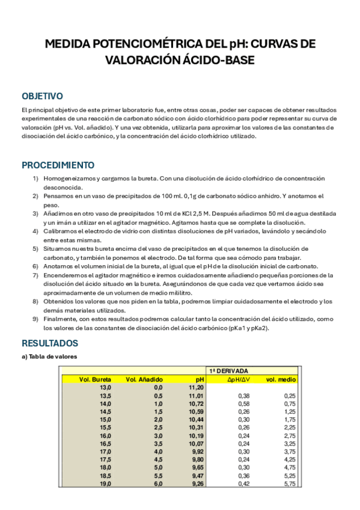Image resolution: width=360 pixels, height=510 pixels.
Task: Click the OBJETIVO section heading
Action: pyautogui.click(x=42, y=96)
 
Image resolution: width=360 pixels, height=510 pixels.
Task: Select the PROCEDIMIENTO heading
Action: pyautogui.click(x=58, y=165)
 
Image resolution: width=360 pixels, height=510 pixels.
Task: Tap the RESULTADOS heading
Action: pyautogui.click(x=50, y=343)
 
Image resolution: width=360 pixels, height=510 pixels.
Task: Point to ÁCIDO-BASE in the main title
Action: pyautogui.click(x=214, y=60)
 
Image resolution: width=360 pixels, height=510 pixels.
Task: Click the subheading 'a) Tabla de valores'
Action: pyautogui.click(x=49, y=357)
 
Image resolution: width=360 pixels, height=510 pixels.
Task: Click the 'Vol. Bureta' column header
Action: pyautogui.click(x=96, y=379)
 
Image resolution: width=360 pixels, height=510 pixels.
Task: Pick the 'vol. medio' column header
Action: pyautogui.click(x=281, y=379)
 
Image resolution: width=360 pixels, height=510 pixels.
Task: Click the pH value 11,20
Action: pyautogui.click(x=197, y=388)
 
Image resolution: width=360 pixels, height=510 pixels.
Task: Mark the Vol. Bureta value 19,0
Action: pyautogui.click(x=105, y=483)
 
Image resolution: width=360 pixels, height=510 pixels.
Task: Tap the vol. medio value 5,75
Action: pyautogui.click(x=289, y=483)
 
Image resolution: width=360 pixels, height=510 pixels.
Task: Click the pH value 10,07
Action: pyautogui.click(x=197, y=443)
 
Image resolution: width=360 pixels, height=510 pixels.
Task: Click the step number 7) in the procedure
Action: pyautogui.click(x=35, y=275)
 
